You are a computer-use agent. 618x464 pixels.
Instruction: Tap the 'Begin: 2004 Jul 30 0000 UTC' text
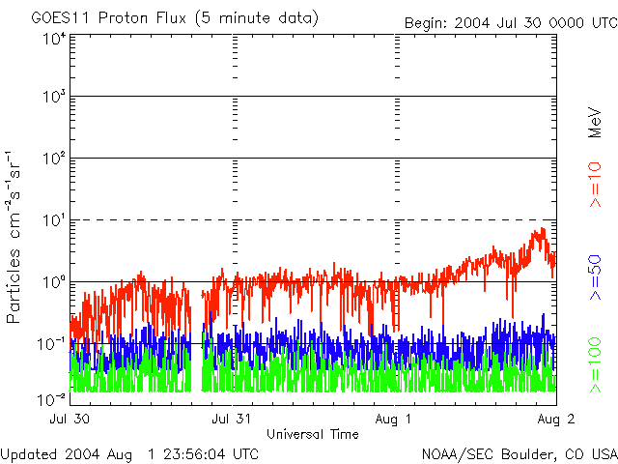[508, 24]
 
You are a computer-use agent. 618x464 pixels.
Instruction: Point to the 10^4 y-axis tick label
[53, 39]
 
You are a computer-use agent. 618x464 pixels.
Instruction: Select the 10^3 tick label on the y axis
[53, 98]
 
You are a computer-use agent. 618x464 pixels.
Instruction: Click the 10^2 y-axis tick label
[53, 159]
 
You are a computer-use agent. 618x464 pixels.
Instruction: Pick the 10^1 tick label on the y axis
[53, 220]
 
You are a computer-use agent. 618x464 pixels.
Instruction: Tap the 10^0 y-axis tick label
[53, 282]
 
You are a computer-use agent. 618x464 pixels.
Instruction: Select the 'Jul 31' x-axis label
[232, 420]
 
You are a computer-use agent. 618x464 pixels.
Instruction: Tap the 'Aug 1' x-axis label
[395, 420]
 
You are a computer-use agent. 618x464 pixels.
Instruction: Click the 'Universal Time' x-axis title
[313, 434]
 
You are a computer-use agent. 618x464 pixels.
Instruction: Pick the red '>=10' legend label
[596, 184]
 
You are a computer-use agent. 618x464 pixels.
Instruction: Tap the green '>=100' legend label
[596, 364]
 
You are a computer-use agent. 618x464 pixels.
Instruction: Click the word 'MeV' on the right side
[596, 123]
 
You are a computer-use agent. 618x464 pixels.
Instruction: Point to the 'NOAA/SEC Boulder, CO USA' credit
[519, 453]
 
